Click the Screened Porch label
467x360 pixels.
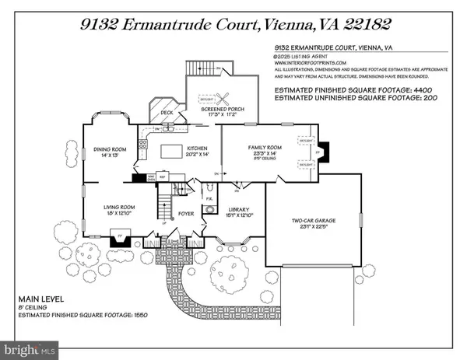[x=223, y=110]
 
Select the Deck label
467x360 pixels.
[x=167, y=112]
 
